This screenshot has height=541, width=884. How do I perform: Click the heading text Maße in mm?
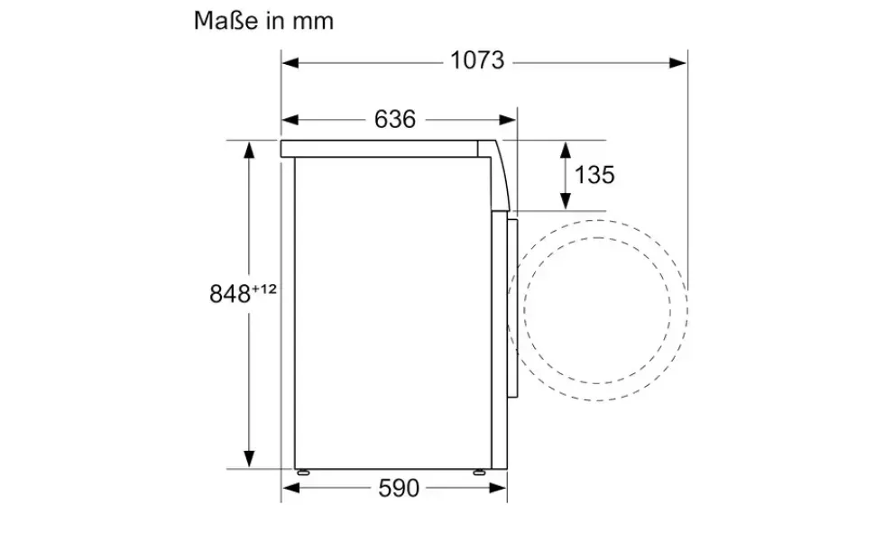tap(263, 21)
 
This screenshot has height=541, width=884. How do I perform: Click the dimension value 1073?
tap(477, 61)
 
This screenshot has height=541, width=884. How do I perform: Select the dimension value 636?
tap(395, 119)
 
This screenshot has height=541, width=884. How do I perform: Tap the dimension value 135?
tap(594, 175)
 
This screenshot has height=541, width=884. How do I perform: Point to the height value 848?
tap(230, 294)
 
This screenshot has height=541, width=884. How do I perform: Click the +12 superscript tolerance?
tap(264, 289)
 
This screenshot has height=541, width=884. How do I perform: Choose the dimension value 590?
tap(399, 488)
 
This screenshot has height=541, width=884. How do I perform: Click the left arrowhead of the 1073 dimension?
tap(290, 62)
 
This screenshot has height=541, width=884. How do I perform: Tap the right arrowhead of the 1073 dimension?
tap(678, 62)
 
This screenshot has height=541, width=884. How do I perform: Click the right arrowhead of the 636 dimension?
tap(507, 120)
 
